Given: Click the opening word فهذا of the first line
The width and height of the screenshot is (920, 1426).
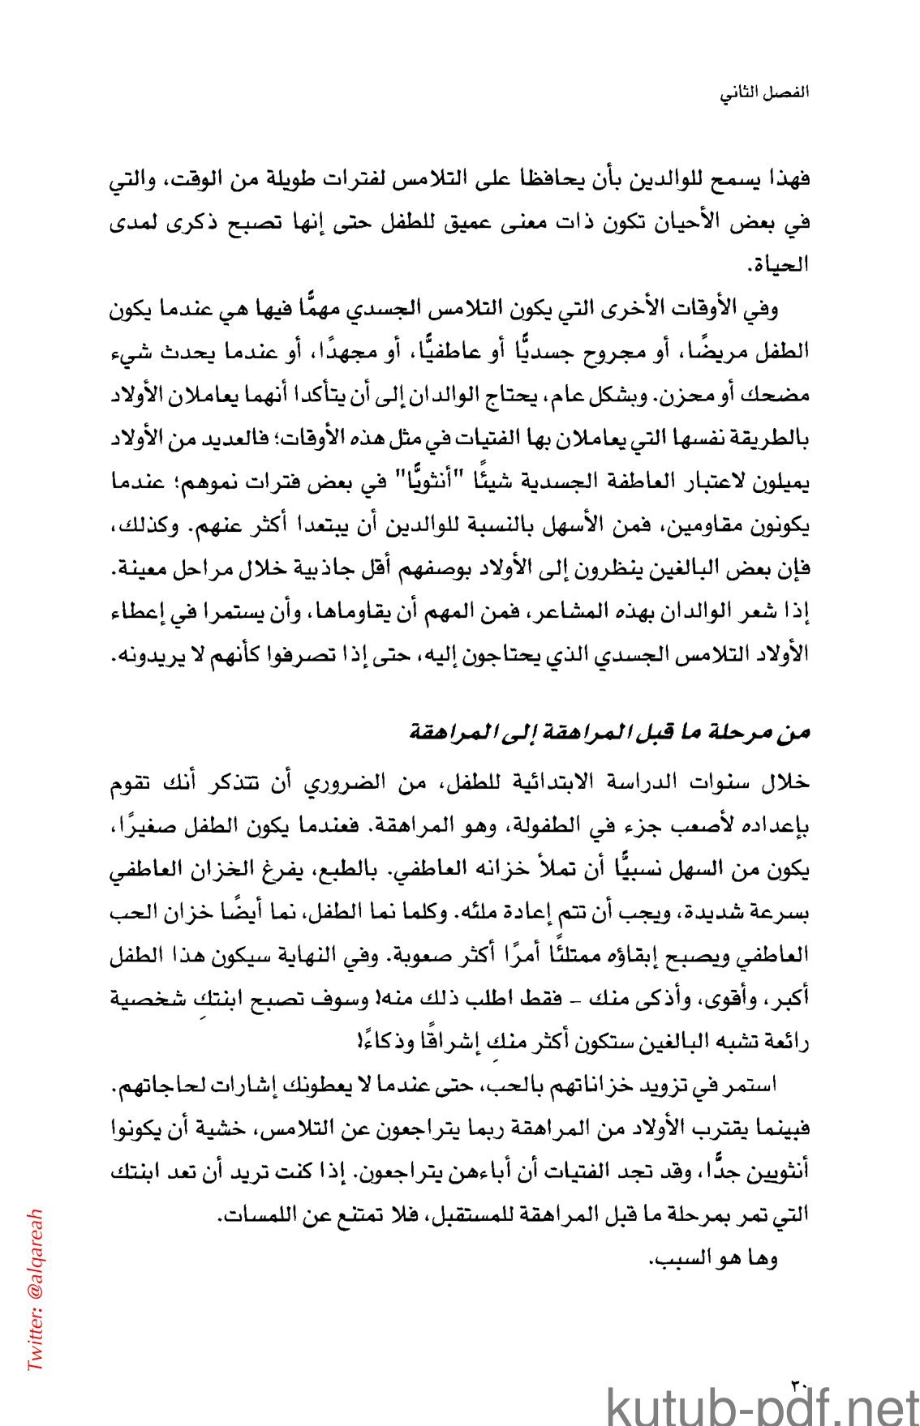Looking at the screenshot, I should coord(789,180).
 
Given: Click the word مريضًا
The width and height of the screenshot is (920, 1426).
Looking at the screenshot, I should coord(718,353).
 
